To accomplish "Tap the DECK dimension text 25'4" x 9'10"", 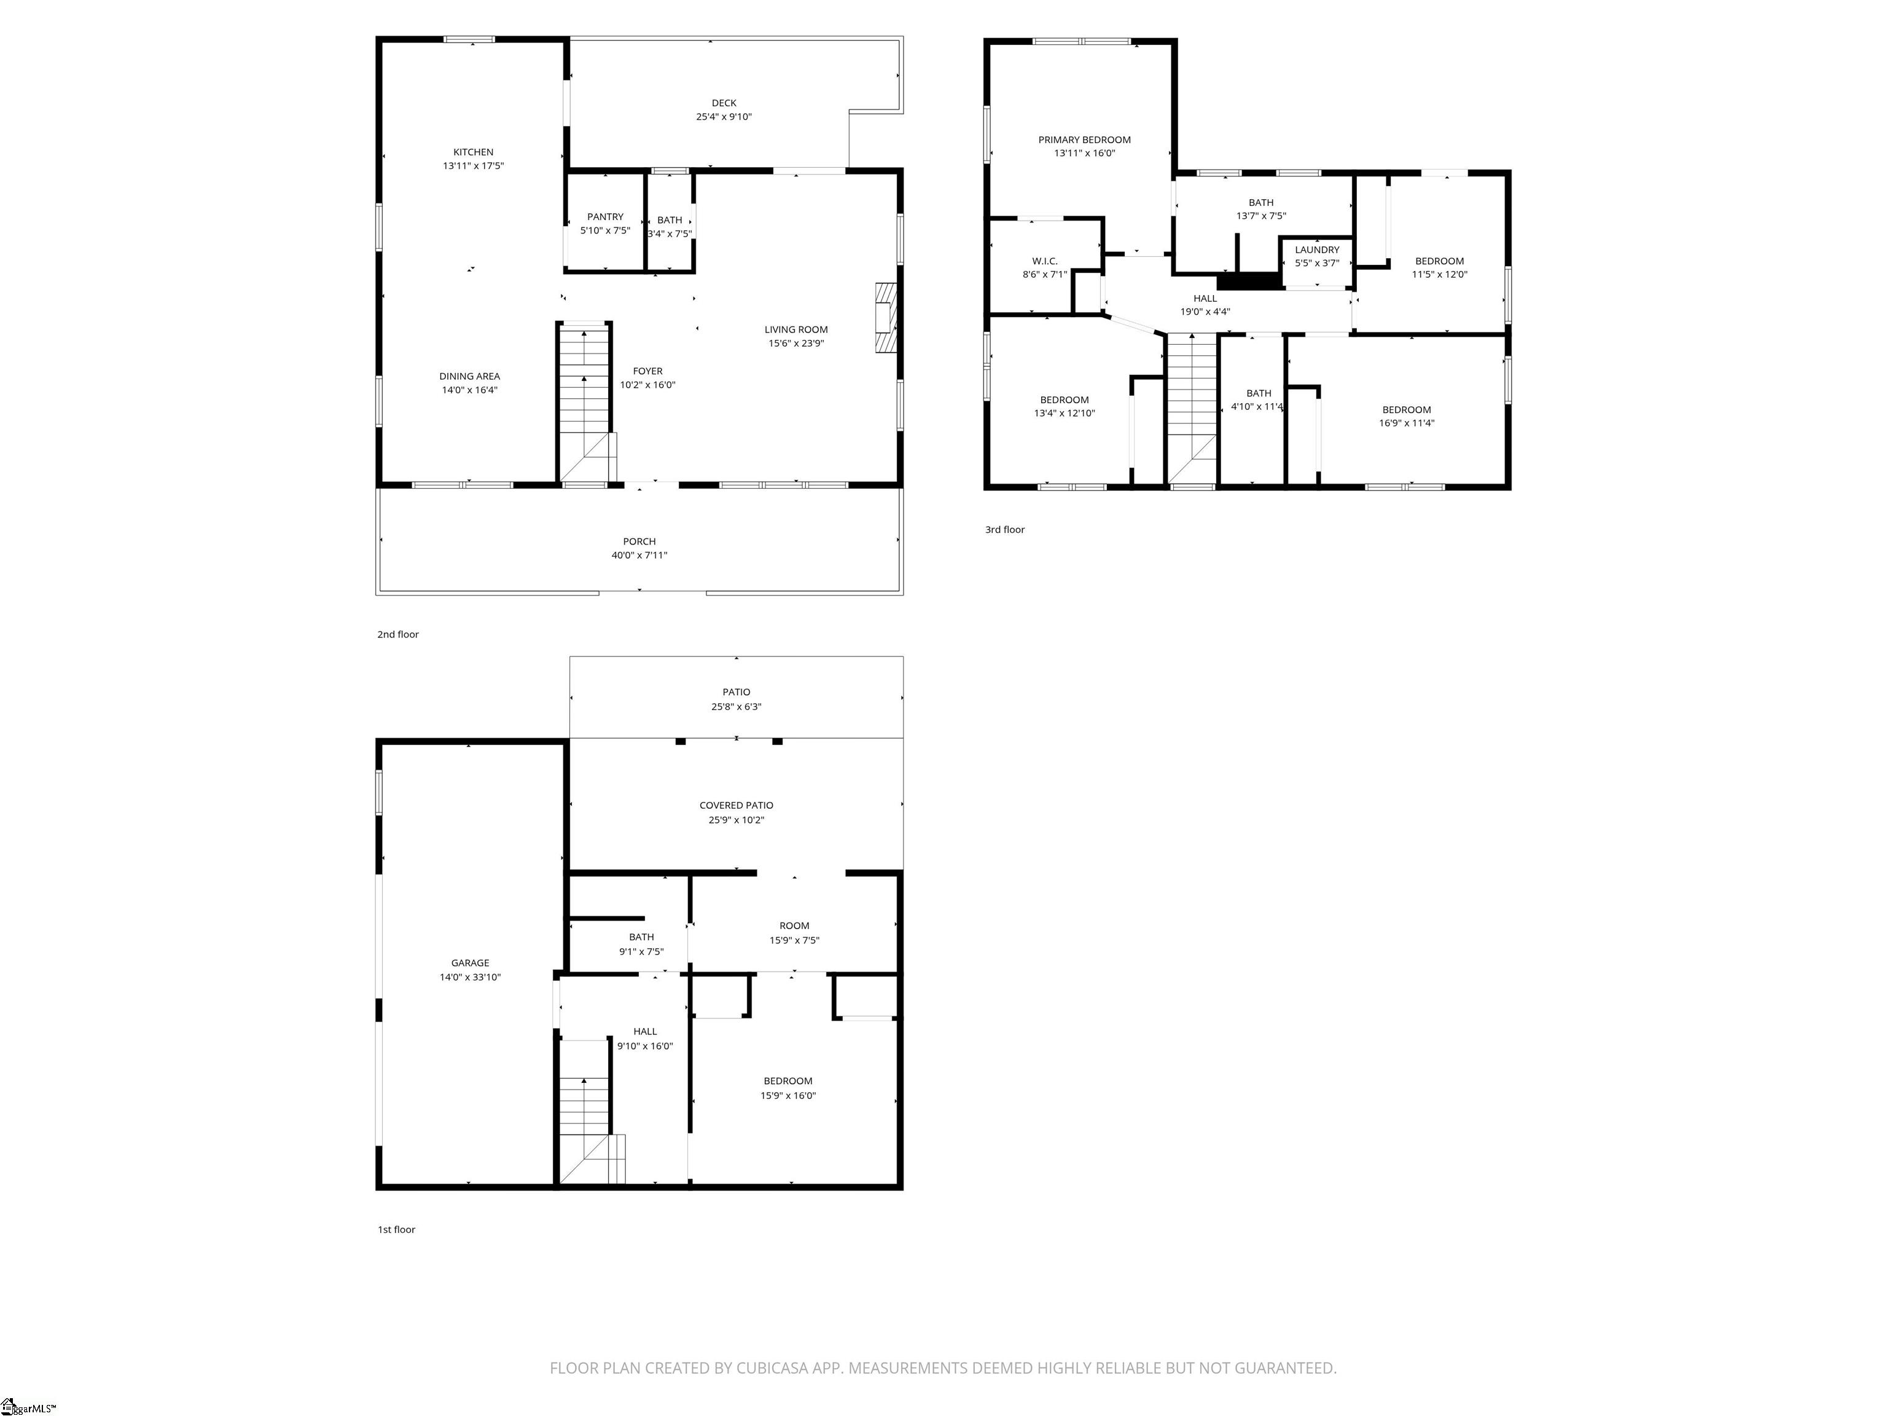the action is pos(724,117).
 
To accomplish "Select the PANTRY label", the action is pos(605,217).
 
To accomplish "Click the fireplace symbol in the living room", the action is pos(886,318).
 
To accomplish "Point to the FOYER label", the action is pos(647,371).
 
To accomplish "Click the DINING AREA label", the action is pos(469,376).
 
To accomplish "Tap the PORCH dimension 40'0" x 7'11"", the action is pos(639,556).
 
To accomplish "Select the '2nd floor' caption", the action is pos(399,635).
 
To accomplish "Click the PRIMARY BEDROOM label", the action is pos(1084,140).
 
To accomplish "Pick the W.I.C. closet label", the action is pos(1044,261).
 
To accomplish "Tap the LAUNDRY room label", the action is pos(1317,250).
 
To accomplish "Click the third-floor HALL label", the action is pos(1205,299).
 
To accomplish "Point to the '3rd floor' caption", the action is pos(1005,530).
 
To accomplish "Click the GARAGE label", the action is pos(470,963).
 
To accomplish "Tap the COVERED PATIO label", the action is pos(736,806).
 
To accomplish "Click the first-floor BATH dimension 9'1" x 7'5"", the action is pos(641,951).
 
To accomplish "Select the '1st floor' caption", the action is pos(397,1230).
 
